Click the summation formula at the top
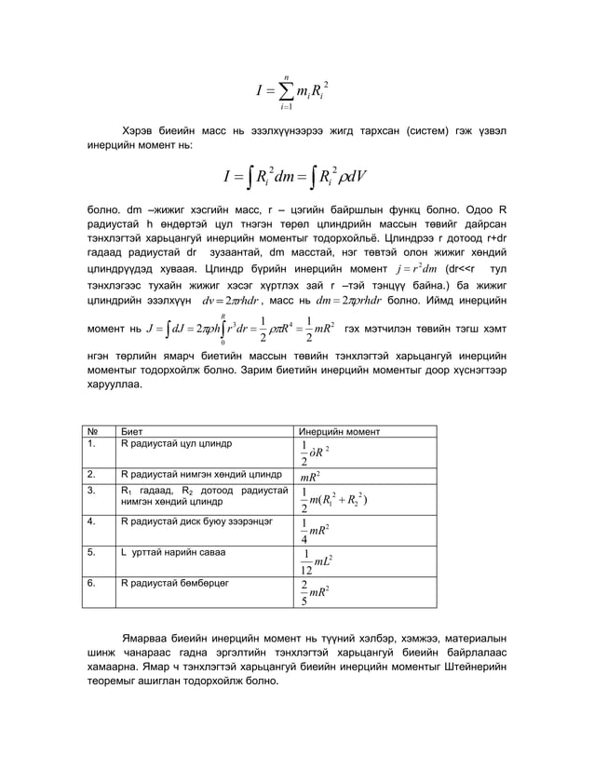click(295, 91)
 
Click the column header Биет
click(132, 432)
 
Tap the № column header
click(92, 432)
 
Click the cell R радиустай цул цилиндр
click(176, 444)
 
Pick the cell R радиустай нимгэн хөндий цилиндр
click(195, 474)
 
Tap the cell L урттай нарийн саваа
click(168, 552)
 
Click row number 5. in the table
click(92, 552)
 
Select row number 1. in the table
click(92, 444)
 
